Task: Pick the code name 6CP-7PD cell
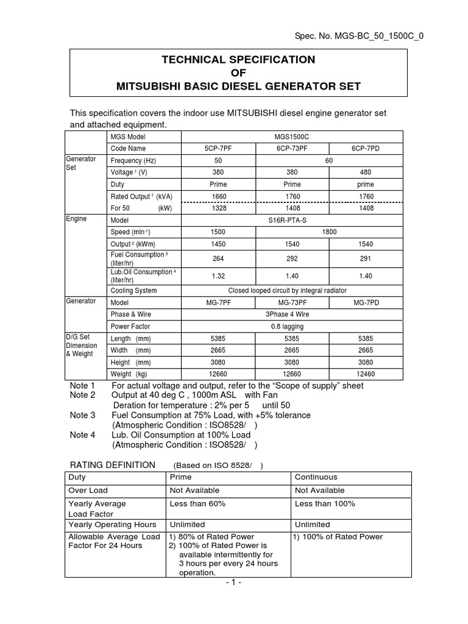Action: pos(366,149)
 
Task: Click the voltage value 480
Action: pos(366,172)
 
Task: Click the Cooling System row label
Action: pos(133,291)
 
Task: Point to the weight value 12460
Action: pos(366,374)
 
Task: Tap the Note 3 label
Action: pos(83,415)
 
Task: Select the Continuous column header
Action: pos(316,477)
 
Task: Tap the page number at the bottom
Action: pos(233,583)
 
